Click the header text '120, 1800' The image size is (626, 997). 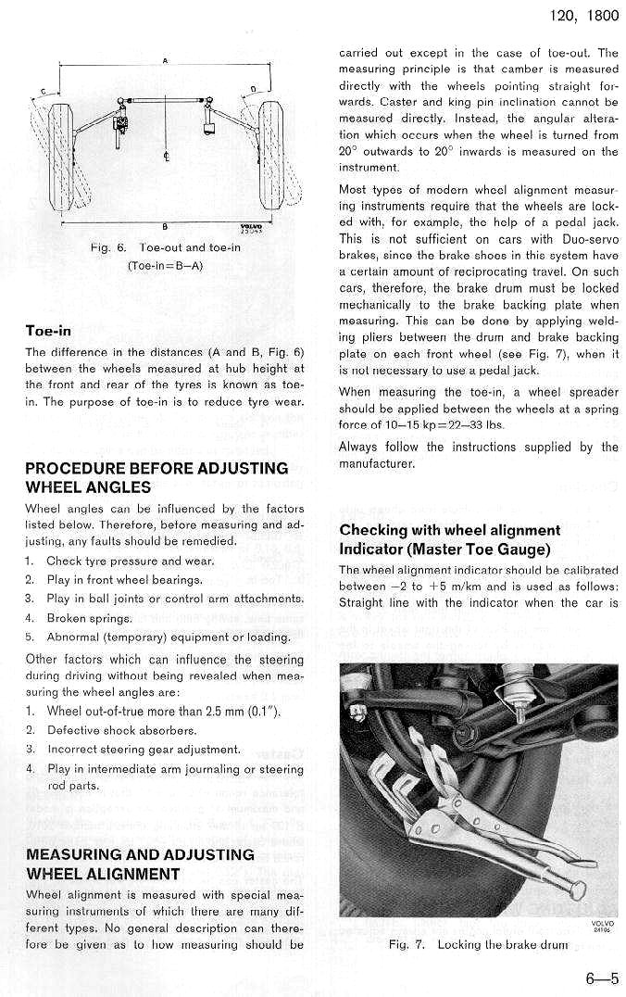(584, 17)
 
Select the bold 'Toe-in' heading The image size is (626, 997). (48, 331)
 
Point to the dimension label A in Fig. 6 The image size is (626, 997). (165, 61)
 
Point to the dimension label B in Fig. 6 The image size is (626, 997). (164, 227)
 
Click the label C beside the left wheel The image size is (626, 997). (43, 93)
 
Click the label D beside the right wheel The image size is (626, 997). (253, 90)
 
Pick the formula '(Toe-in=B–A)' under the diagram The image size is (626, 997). (165, 267)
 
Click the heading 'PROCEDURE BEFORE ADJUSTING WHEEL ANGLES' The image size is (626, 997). (156, 477)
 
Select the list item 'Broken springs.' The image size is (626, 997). (88, 618)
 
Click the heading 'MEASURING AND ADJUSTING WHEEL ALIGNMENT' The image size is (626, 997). (140, 864)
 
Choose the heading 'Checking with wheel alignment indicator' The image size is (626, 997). (450, 539)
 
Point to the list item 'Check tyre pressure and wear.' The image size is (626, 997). (130, 561)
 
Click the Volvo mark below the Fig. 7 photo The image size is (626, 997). (602, 926)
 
